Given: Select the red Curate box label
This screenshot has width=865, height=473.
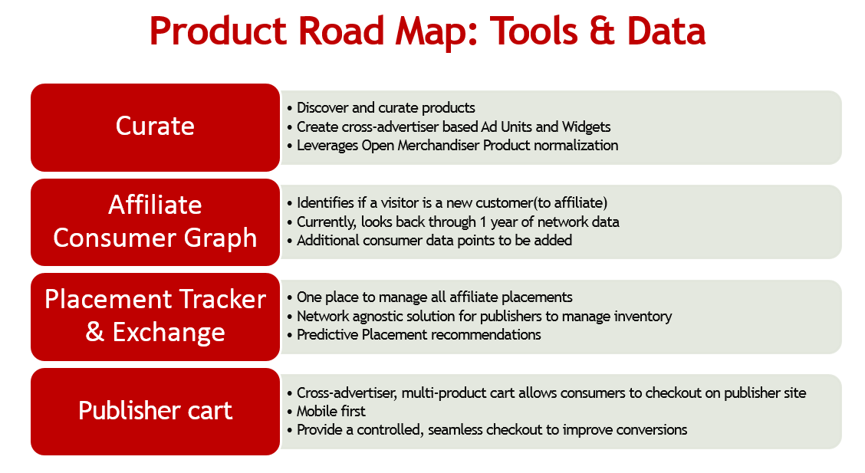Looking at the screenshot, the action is (x=155, y=126).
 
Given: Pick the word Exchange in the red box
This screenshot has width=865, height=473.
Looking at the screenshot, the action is (x=169, y=333).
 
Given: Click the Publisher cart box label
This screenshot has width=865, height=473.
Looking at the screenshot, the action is (x=155, y=411).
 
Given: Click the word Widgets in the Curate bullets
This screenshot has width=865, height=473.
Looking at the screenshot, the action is (x=586, y=126).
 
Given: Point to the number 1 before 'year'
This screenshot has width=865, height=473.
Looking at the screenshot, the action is (x=482, y=222).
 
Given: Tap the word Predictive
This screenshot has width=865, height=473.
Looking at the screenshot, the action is (x=327, y=335).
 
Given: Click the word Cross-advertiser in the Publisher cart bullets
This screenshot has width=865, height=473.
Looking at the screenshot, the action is (x=347, y=393).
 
